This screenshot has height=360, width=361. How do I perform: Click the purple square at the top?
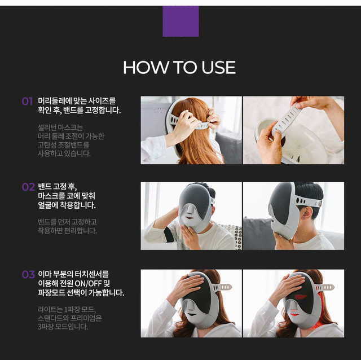180,21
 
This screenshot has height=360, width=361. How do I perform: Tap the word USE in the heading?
218,68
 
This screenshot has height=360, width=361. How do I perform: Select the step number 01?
27,102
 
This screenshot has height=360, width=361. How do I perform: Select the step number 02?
28,187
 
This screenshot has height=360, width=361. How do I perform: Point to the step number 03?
28,274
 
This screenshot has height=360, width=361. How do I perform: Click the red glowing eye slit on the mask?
300,297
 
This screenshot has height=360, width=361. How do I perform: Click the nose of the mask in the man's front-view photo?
190,210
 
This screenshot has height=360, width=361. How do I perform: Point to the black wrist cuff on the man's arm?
169,234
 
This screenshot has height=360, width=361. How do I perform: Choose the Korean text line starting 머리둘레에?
77,101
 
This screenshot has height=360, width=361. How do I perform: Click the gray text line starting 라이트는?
67,309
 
